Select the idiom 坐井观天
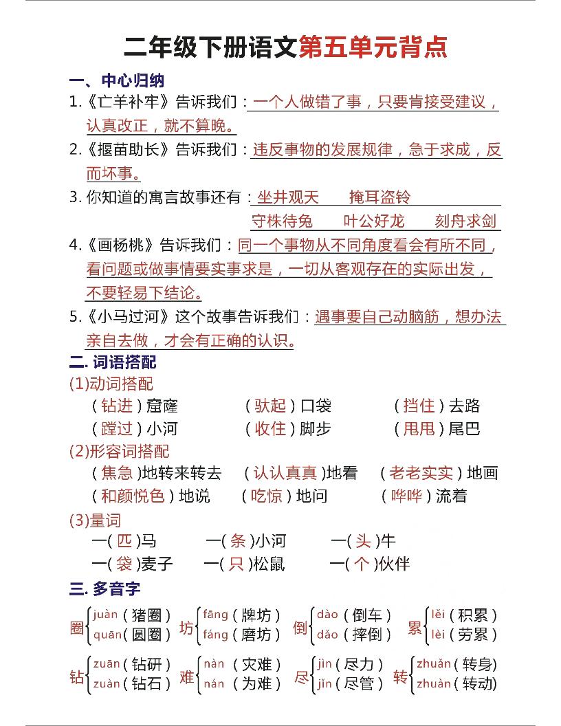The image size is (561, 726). point(288,197)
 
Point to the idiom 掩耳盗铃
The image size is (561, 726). point(379,197)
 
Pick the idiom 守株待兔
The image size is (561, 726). point(282,221)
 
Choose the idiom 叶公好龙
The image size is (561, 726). point(374,221)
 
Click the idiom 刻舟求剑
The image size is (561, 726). point(465,221)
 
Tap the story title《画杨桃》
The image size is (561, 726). point(121,245)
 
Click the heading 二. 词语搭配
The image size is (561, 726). point(113,361)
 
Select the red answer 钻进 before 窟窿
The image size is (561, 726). point(117,406)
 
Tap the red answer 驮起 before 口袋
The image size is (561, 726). point(270,406)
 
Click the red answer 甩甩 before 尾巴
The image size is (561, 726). point(419,429)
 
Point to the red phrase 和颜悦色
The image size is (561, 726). point(133,496)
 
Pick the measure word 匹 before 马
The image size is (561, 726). point(124,540)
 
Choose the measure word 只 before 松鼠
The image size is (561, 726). point(236,564)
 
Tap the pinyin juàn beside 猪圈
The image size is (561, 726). point(105,614)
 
